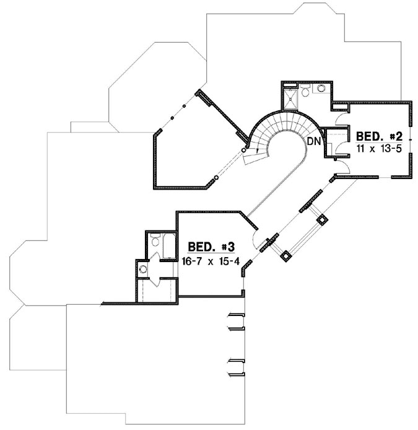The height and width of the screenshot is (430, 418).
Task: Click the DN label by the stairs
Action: pyautogui.click(x=314, y=141)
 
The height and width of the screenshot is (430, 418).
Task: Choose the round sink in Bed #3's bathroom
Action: pyautogui.click(x=143, y=269)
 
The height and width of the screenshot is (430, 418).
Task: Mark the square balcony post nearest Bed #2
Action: pyautogui.click(x=322, y=219)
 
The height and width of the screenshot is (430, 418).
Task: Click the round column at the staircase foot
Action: pyautogui.click(x=244, y=150)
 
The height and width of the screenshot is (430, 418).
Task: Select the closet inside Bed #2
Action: pyautogui.click(x=337, y=141)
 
